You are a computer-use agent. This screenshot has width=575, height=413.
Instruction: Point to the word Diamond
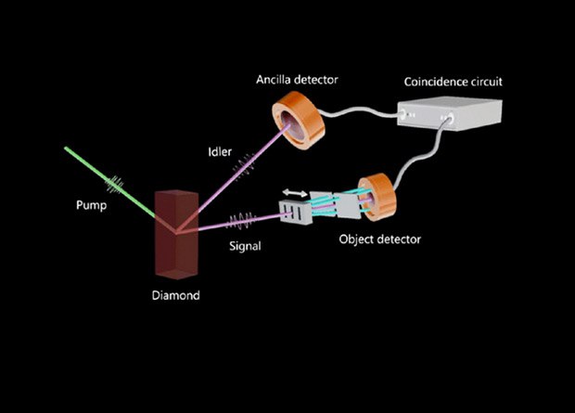(176, 297)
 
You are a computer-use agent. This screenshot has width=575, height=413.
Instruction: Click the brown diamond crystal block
(176, 237)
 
